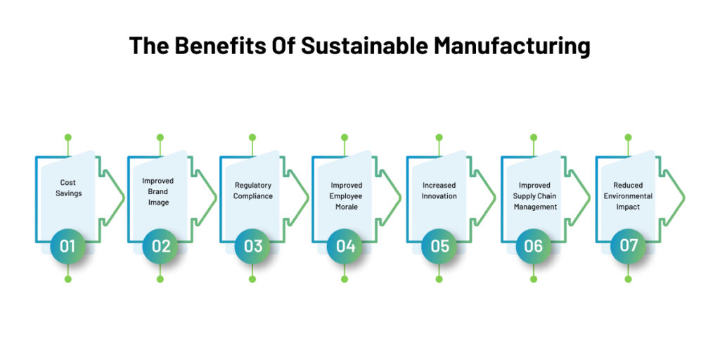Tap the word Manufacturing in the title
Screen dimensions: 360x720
511,46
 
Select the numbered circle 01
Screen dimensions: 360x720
68,246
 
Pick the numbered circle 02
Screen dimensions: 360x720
160,246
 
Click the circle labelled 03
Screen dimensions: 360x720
252,246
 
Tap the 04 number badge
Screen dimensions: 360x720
345,246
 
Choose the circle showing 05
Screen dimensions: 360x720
439,246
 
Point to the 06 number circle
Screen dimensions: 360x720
534,246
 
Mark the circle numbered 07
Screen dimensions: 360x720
628,246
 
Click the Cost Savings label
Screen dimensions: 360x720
68,188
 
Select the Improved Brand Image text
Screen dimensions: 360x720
158,191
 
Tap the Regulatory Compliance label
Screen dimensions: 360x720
253,191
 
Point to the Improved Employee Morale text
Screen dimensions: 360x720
346,196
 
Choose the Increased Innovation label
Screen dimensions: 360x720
439,191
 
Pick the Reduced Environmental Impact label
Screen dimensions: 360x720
628,196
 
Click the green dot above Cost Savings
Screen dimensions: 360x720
68,138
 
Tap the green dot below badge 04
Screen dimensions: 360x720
345,279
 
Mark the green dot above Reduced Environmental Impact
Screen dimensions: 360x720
628,138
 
